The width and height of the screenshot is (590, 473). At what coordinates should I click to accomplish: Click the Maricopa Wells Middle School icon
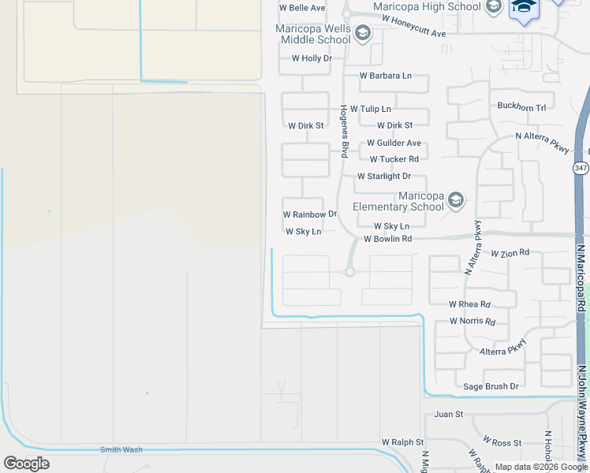click(363, 33)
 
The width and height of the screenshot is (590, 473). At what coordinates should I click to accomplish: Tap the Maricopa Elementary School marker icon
click(455, 201)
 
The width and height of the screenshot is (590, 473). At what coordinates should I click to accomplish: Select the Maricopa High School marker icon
click(494, 7)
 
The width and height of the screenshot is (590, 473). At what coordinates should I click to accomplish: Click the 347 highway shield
click(581, 168)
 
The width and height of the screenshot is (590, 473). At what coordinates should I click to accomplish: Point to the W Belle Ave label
click(303, 8)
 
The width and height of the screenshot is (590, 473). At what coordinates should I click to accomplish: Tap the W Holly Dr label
click(312, 58)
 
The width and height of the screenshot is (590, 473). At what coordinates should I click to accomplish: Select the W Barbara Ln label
click(386, 76)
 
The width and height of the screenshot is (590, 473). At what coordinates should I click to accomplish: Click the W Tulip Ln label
click(371, 109)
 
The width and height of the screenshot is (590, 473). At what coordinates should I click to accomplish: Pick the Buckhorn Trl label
click(521, 107)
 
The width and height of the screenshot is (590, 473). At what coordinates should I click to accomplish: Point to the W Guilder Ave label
click(394, 143)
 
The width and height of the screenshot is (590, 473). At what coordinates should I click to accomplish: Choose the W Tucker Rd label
click(399, 159)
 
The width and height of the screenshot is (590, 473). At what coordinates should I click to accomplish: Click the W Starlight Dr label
click(384, 177)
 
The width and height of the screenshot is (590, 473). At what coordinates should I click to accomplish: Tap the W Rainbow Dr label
click(310, 214)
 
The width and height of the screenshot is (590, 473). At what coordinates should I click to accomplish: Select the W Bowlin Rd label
click(388, 239)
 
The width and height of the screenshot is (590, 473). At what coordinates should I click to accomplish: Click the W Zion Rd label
click(510, 253)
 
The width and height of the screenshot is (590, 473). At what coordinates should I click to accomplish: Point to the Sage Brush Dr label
click(491, 386)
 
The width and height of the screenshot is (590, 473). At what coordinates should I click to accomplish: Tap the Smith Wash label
click(121, 449)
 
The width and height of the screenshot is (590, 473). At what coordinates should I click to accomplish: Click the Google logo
click(26, 464)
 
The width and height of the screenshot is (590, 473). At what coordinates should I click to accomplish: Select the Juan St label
click(448, 414)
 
